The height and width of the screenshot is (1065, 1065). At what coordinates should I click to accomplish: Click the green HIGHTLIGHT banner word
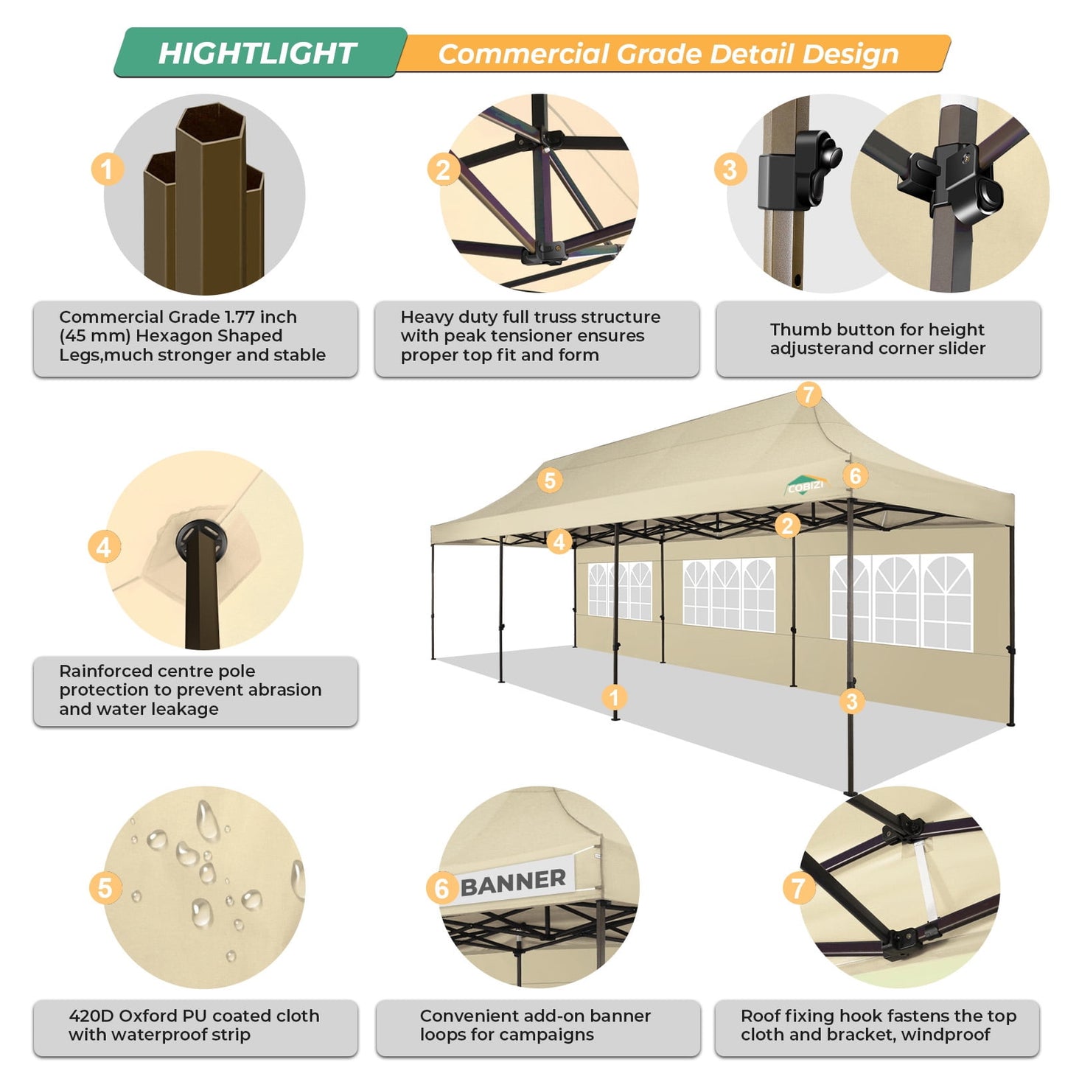tap(257, 53)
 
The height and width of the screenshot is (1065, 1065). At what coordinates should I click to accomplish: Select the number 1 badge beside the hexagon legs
tap(107, 169)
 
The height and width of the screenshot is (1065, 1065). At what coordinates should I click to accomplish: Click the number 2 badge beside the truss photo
tap(443, 170)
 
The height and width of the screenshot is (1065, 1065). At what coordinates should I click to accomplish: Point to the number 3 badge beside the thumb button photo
tap(730, 170)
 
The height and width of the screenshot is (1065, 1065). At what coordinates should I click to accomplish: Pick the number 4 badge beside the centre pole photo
tap(104, 548)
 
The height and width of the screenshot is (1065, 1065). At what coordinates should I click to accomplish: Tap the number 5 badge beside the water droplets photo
tap(105, 888)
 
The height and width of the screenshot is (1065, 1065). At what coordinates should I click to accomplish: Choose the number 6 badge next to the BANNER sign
tap(441, 888)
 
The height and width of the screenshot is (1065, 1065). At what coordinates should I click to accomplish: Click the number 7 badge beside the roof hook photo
tap(798, 888)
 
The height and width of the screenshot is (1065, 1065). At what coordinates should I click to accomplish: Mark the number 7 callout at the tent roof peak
tap(809, 394)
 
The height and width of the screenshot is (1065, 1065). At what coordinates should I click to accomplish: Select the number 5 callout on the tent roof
tap(550, 481)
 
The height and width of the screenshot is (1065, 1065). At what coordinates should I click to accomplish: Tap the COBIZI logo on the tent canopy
tap(805, 486)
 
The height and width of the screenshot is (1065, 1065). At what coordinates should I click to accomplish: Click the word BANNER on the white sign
tap(513, 881)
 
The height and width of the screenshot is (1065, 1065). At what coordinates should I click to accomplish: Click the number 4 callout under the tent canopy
tap(559, 542)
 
